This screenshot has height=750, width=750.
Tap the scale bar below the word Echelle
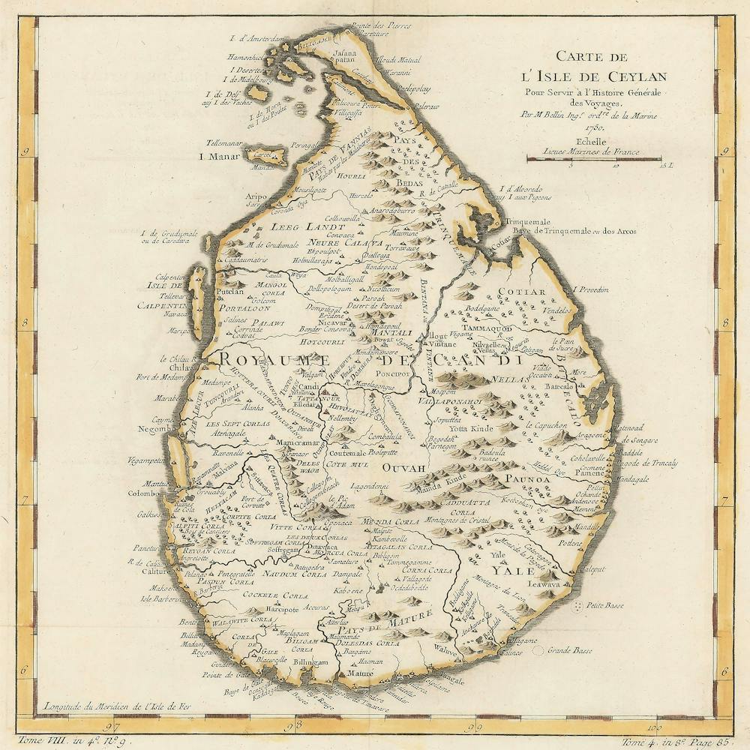tap(594, 158)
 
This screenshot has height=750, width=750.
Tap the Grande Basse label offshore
tap(568, 651)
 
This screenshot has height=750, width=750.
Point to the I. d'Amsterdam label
tap(259, 38)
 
